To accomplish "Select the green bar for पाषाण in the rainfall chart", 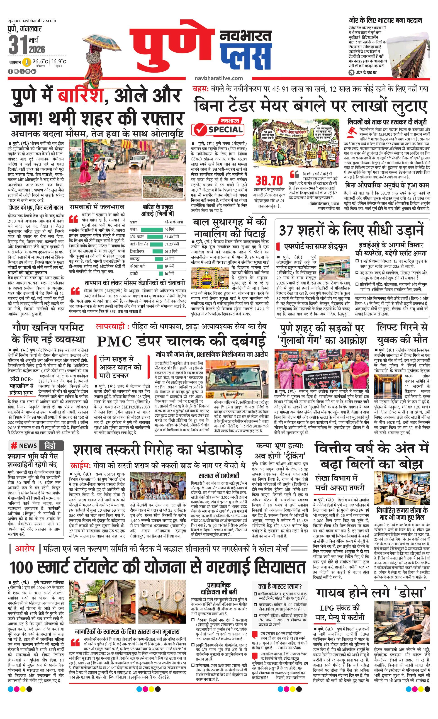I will [x=152, y=229].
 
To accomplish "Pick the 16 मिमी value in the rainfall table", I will [x=169, y=273].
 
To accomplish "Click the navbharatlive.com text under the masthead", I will [x=219, y=78].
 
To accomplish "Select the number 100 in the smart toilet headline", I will [x=25, y=568].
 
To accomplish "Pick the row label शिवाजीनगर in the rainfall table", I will [x=137, y=251].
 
